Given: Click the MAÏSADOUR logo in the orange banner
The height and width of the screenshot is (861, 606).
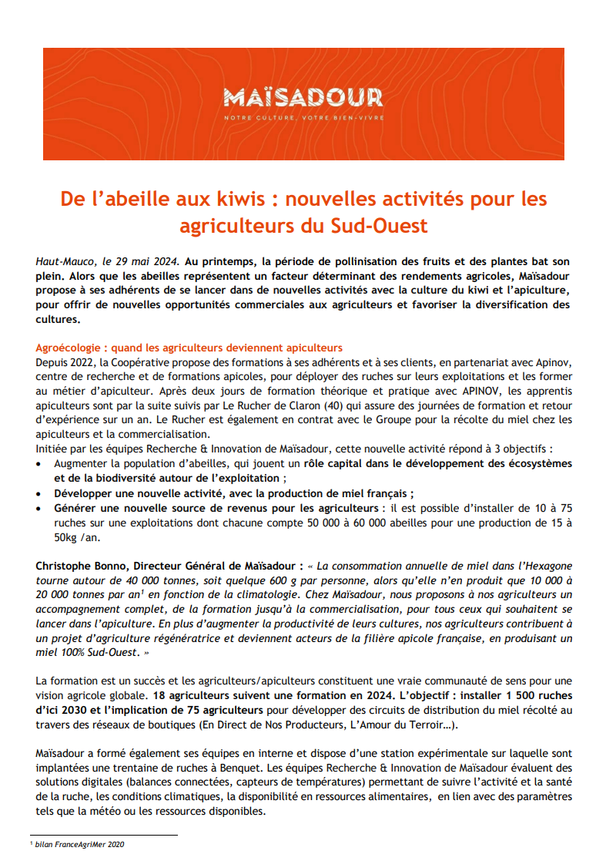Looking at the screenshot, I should [303, 98].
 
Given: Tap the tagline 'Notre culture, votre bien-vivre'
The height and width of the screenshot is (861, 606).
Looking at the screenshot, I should [303, 118].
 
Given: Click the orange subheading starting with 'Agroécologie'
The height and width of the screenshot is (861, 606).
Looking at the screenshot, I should [189, 348].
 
